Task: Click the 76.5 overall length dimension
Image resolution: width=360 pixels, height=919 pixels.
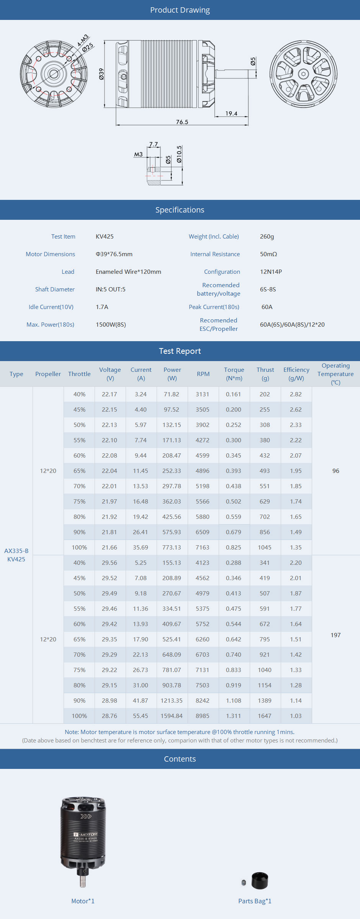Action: [182, 122]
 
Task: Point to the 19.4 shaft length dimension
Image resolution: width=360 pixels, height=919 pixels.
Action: [231, 114]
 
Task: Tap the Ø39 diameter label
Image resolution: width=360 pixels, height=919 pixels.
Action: [101, 74]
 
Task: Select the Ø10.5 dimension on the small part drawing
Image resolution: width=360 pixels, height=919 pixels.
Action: [179, 154]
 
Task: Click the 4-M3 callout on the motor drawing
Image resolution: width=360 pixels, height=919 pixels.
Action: [83, 40]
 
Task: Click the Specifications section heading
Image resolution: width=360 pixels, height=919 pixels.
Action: [180, 210]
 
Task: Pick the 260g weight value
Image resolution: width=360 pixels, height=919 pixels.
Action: [267, 237]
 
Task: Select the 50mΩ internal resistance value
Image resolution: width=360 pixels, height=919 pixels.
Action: [268, 254]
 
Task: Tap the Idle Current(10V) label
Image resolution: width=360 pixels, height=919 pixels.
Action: [51, 307]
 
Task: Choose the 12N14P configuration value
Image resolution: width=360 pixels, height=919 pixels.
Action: [271, 272]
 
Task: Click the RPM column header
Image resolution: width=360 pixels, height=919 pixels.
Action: [203, 374]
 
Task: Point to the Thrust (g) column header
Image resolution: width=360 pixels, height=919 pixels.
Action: [265, 374]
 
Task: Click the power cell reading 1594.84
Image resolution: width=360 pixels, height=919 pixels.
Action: [172, 716]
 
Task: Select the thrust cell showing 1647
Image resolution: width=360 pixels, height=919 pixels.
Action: [265, 716]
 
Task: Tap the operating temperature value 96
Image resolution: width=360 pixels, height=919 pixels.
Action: [335, 471]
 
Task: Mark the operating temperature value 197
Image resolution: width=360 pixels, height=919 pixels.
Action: [335, 635]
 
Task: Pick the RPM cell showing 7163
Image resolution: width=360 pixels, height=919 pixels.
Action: [203, 548]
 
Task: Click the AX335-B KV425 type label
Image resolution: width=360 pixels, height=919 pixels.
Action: [16, 555]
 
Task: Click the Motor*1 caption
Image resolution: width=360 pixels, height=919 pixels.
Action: [83, 901]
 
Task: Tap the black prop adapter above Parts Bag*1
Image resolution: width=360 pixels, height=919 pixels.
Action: [260, 881]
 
